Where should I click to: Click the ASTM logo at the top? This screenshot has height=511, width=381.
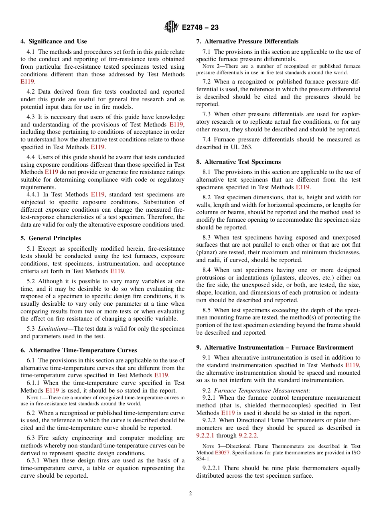pos(172,27)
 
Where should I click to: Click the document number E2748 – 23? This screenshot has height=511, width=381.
pos(200,27)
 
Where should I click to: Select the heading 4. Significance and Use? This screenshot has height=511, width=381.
pos(54,41)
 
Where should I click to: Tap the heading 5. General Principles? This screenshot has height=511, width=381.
pos(51,238)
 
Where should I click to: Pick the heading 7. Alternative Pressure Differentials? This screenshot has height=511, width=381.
pos(247,41)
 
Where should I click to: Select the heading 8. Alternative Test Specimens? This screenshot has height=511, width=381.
pos(239,162)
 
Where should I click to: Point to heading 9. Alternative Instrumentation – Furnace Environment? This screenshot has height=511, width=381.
pos(275,347)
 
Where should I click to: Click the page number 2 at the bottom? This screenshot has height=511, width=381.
pos(190,494)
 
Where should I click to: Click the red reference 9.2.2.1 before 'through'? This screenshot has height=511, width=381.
pos(205,435)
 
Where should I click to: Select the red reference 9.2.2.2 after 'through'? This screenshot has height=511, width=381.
pos(248,435)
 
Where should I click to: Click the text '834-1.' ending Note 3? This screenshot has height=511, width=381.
pos(203,458)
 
